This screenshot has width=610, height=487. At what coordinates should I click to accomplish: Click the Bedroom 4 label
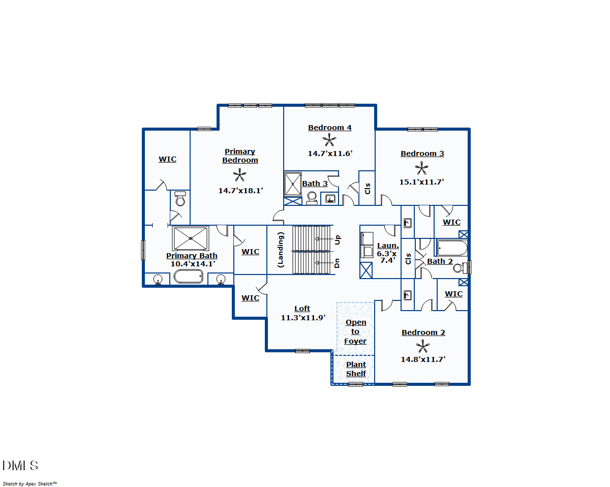(x=330, y=128)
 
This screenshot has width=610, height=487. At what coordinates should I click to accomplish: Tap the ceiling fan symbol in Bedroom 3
(x=421, y=168)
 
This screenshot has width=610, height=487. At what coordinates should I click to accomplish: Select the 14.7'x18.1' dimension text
(x=240, y=191)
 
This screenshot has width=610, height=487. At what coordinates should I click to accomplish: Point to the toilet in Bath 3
(x=312, y=198)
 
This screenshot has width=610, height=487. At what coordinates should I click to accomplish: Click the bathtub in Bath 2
(x=452, y=248)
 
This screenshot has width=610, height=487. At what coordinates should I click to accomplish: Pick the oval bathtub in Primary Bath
(x=189, y=277)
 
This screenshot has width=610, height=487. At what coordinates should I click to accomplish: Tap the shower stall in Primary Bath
(x=191, y=238)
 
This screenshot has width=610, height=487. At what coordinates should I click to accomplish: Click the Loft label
(x=302, y=309)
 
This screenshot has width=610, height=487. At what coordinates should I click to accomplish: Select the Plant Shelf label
(x=356, y=369)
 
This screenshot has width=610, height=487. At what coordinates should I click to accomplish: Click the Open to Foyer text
(x=355, y=331)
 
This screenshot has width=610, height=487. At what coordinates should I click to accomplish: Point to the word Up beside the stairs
(x=338, y=240)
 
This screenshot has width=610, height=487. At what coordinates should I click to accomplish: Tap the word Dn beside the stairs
(x=337, y=263)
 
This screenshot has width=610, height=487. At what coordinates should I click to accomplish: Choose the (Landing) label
(x=280, y=250)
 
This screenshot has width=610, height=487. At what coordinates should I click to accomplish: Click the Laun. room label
(x=388, y=246)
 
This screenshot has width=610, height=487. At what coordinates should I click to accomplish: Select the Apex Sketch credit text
(x=30, y=483)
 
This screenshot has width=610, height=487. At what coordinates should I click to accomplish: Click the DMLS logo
(x=20, y=466)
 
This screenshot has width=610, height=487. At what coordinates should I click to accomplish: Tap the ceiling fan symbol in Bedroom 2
(x=422, y=346)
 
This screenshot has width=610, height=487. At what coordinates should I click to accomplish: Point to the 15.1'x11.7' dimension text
(x=421, y=182)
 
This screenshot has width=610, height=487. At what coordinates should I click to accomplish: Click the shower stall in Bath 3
(x=293, y=184)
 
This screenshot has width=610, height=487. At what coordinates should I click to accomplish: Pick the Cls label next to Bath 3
(x=368, y=189)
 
